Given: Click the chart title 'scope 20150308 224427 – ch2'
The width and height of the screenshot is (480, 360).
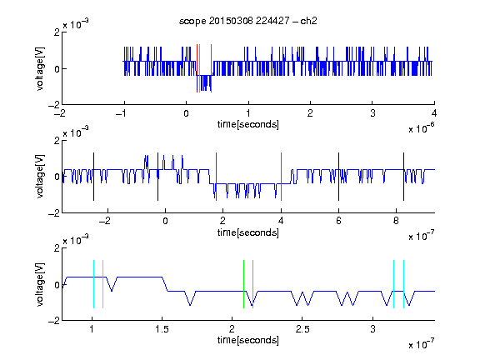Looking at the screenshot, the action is point(248,21).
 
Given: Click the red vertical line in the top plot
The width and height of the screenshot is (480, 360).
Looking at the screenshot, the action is point(197,68).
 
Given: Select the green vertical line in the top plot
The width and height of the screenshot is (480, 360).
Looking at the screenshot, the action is point(200,68).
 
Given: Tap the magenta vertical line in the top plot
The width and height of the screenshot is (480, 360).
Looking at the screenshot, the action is point(211,68).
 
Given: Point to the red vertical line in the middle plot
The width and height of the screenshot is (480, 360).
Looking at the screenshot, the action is point(216,177).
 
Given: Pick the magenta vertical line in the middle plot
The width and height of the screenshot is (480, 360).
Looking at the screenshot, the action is point(281,177).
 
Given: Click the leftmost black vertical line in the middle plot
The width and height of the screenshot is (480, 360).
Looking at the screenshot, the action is point(93,177).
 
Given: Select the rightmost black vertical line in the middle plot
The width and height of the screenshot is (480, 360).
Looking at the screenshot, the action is point(403,177).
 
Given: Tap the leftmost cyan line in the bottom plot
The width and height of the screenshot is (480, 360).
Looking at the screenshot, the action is point(93,284).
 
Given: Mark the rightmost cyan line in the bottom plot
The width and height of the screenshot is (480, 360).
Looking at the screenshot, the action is point(403,284).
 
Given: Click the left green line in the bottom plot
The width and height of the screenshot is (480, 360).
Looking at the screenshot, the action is point(243,284).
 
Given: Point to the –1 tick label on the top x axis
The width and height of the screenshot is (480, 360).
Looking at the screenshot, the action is point(122,113).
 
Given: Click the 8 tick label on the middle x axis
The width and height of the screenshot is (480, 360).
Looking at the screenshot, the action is point(396,221).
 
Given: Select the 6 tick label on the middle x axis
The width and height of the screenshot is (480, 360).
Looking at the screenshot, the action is point(338,221).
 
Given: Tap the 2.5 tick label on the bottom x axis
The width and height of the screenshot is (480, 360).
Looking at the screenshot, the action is point(302,329).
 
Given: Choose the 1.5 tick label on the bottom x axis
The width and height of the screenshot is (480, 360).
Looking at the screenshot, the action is point(162,329).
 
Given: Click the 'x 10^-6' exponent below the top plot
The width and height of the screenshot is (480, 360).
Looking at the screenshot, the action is point(422,128).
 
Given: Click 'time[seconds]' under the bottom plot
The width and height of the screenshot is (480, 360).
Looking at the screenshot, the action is point(248,340).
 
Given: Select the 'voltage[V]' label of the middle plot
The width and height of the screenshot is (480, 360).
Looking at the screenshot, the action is point(40,177).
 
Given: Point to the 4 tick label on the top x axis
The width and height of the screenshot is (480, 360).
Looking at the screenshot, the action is point(434,113).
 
